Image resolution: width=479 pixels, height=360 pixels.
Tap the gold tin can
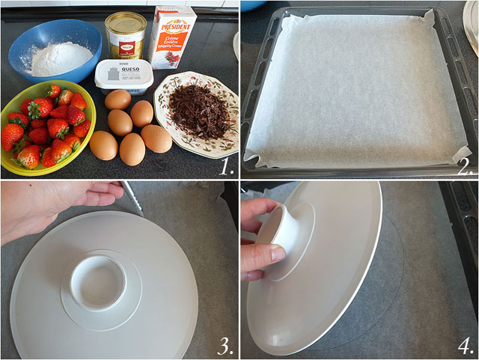point(125,36)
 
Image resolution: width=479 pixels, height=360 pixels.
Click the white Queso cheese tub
point(123,76)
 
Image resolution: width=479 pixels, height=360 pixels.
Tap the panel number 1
point(227,166)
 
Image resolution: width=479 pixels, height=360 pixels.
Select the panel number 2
point(466,167)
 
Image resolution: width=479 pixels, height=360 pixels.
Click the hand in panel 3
point(52,206)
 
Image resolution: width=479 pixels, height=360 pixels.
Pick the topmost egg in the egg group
point(118,100)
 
